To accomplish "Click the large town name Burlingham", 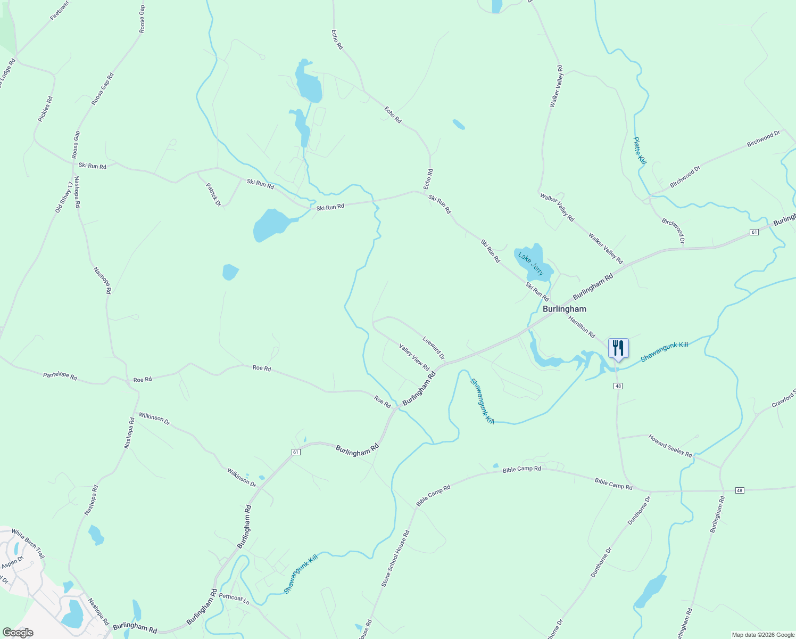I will coord(564,309).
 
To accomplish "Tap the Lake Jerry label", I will coord(531,264).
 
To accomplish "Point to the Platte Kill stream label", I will coord(640,150).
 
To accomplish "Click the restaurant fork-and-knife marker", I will coord(618,348).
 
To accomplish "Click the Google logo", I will coord(18,633).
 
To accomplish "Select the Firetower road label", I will coord(60,11).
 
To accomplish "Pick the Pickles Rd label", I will coord(46,109).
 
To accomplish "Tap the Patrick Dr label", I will coord(213,194).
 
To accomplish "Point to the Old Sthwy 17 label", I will coord(64,197).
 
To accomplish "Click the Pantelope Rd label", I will coord(60,376).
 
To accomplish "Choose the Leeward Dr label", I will coord(434,348).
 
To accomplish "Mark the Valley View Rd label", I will coord(414,357).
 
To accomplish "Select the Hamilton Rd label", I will coord(582,327).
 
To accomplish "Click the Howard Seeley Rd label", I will coord(670,446).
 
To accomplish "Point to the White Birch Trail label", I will coord(28,543).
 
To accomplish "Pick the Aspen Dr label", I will coord(13,562).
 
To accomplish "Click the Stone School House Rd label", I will coord(395,559).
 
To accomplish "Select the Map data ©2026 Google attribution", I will coord(762,635).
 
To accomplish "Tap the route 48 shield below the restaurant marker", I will coord(618,386).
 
